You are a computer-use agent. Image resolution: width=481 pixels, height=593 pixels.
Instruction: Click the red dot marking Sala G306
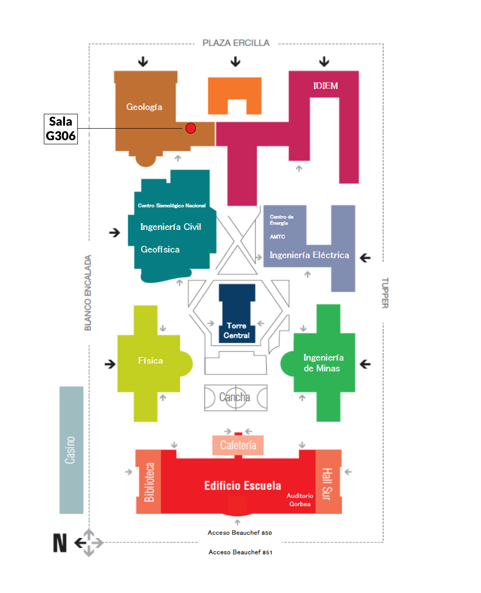pyautogui.click(x=191, y=128)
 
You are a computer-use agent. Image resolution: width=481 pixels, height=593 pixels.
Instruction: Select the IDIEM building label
pyautogui.click(x=326, y=86)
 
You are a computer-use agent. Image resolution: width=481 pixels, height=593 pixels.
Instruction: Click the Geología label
pyautogui.click(x=144, y=107)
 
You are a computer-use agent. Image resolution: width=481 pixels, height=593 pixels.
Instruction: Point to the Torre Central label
pyautogui.click(x=237, y=331)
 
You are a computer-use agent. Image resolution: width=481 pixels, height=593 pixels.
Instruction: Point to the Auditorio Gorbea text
pyautogui.click(x=300, y=500)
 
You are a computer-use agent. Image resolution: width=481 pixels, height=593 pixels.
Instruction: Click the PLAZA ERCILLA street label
pyautogui.click(x=236, y=43)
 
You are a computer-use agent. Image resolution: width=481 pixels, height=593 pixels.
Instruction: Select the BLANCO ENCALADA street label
pyautogui.click(x=88, y=293)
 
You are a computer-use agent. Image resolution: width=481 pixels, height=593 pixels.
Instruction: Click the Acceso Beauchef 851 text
pyautogui.click(x=240, y=552)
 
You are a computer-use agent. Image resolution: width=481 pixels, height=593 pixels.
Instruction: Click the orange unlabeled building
pyautogui.click(x=235, y=95)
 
